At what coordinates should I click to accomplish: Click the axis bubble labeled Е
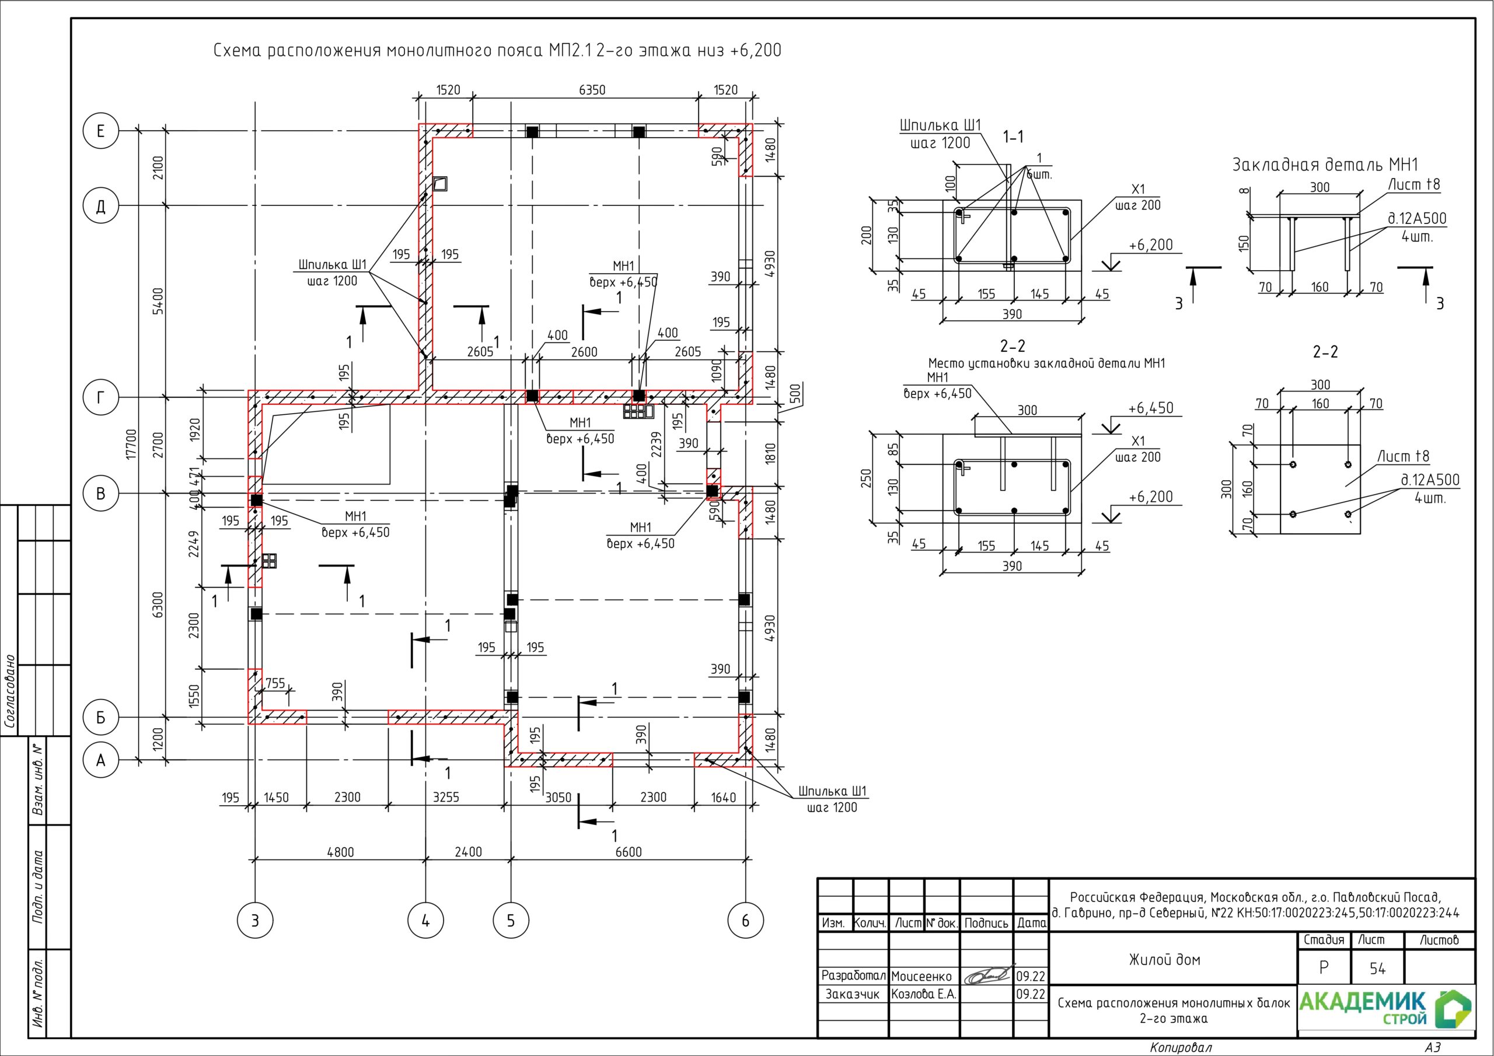(101, 131)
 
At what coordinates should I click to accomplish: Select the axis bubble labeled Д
(101, 205)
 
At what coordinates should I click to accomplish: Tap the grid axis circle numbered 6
(745, 920)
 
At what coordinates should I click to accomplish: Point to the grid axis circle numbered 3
(255, 920)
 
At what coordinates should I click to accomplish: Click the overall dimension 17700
(131, 445)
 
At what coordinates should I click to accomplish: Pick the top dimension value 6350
(592, 90)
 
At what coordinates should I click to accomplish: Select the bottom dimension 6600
(629, 852)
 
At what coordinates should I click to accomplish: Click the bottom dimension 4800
(340, 852)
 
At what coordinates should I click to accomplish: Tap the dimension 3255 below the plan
(446, 797)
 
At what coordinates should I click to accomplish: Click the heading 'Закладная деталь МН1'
(1325, 165)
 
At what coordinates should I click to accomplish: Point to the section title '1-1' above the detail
(1013, 137)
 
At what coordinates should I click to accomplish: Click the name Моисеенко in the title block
(921, 976)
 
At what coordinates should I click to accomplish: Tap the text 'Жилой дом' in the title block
(1165, 959)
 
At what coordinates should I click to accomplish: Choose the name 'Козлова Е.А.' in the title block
(924, 994)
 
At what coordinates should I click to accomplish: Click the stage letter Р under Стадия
(1324, 968)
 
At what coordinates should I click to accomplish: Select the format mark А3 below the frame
(1432, 1048)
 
